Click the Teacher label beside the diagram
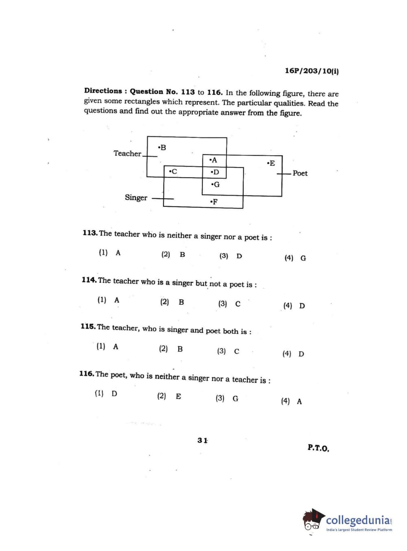point(127,153)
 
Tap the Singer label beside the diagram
point(136,197)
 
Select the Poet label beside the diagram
point(300,173)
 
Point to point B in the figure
point(162,148)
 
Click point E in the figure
point(271,163)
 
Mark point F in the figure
point(214,202)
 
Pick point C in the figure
point(173,171)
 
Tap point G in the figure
point(215,184)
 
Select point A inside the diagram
point(213,160)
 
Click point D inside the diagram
point(215,172)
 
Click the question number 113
point(90,233)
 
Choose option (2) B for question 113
point(174,255)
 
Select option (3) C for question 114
point(230,304)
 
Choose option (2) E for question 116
point(170,396)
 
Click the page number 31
point(202,440)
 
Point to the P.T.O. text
point(318,448)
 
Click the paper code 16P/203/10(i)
point(312,71)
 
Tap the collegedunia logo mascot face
point(312,521)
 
